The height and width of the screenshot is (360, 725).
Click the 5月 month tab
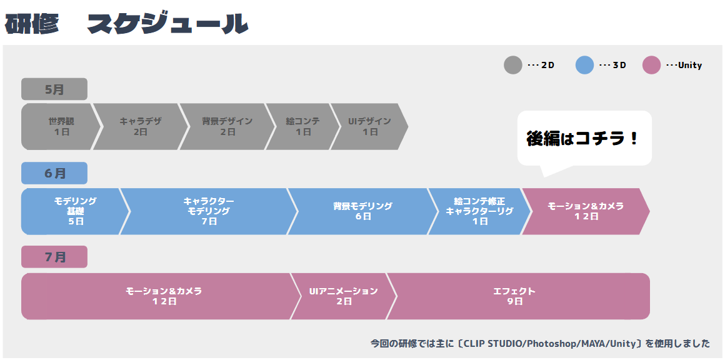point(54,89)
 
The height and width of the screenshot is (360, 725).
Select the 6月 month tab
point(54,173)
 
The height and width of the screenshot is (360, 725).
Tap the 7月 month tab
point(54,257)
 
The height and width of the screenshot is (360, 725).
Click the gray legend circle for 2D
point(512,65)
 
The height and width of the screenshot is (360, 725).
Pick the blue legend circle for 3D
point(584,65)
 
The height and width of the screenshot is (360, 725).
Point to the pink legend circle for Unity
point(651,65)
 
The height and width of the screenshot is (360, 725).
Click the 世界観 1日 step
point(61,127)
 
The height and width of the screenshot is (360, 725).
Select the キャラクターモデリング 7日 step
point(209,211)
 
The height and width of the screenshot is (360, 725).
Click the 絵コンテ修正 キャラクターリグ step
point(479,211)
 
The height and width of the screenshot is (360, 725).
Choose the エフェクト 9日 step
point(518,296)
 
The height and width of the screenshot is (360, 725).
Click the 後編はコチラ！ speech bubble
point(584,139)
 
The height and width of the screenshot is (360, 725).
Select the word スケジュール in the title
point(168,24)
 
